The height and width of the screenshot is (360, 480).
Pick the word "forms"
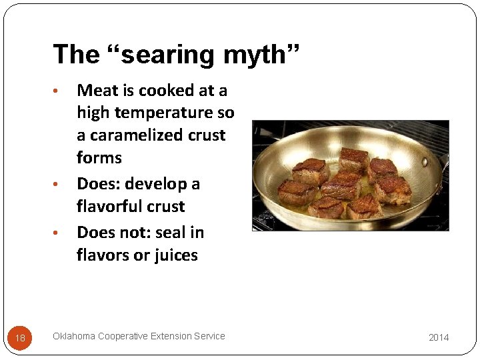coord(99,158)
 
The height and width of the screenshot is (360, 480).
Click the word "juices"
coord(175,255)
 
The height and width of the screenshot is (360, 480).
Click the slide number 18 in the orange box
coord(20,338)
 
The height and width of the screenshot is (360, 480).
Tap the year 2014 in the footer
coord(439,337)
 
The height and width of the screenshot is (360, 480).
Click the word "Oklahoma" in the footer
coord(74,336)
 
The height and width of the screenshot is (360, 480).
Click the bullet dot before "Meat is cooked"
coord(58,91)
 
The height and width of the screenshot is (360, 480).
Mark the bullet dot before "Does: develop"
coord(58,185)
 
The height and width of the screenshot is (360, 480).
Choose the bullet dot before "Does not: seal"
coord(58,233)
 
